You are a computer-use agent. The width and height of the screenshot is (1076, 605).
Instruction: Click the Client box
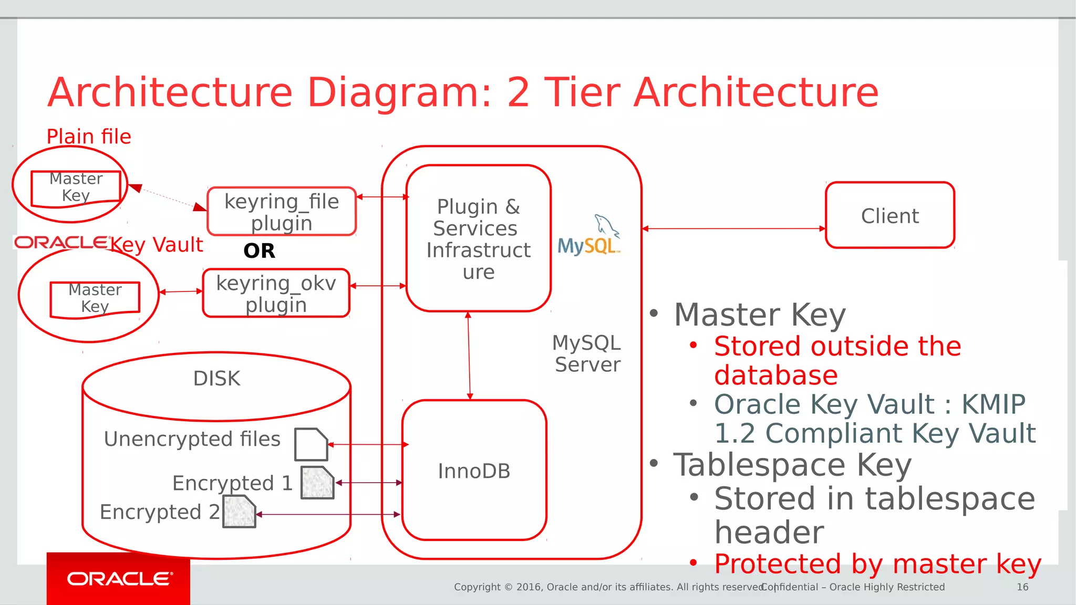[889, 215]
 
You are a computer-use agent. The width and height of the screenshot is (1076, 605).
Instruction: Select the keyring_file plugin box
[282, 211]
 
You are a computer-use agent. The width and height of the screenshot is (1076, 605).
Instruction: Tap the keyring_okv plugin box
[276, 293]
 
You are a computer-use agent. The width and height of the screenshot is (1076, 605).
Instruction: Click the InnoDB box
[474, 471]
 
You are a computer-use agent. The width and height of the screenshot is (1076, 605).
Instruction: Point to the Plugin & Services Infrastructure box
[478, 239]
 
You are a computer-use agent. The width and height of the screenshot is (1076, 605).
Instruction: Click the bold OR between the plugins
[259, 251]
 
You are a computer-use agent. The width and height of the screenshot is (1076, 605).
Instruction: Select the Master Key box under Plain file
[76, 187]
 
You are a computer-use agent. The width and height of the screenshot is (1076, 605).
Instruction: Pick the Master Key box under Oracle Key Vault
[95, 298]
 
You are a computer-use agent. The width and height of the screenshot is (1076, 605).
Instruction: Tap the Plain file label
[89, 137]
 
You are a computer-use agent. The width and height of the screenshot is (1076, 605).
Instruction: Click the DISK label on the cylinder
[216, 379]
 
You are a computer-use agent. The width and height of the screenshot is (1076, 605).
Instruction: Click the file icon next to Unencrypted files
[311, 444]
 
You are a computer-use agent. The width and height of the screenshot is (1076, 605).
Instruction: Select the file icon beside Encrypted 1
[317, 482]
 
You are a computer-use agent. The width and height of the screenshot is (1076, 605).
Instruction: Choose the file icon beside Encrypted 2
[239, 512]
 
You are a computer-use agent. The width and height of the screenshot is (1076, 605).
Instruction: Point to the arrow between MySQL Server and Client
[733, 228]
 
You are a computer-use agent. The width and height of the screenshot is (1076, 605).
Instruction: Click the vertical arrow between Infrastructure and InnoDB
[469, 356]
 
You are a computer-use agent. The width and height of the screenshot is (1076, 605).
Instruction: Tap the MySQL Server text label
[587, 353]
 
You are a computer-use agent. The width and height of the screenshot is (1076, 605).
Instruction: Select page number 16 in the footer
[1022, 587]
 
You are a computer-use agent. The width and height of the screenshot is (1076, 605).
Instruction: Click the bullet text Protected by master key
[877, 564]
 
